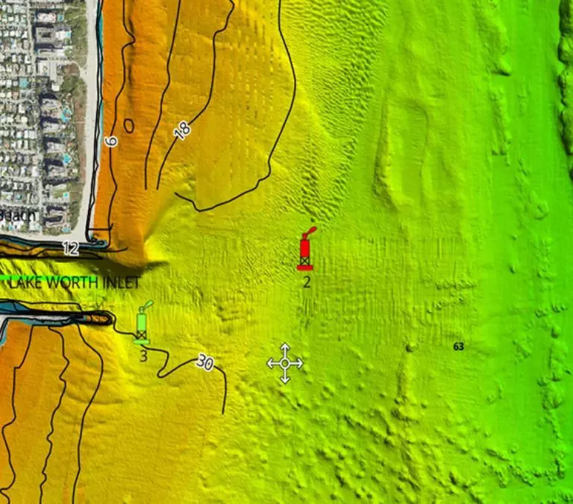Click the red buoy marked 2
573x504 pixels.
[304, 251]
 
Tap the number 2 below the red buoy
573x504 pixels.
[306, 282]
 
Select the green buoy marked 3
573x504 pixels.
[142, 326]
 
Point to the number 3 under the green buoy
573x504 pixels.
[143, 355]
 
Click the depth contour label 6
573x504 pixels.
[112, 141]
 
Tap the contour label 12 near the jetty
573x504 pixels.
[70, 249]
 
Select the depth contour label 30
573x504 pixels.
[204, 363]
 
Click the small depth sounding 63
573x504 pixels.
[458, 346]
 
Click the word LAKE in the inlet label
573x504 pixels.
[27, 283]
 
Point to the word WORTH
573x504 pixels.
[70, 283]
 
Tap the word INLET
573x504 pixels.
[117, 283]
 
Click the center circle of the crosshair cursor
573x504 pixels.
[285, 364]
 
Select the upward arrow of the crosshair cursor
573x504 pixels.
[285, 348]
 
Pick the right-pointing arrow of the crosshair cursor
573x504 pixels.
[299, 364]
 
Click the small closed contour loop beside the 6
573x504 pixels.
[128, 125]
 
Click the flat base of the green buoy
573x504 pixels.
[142, 341]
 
